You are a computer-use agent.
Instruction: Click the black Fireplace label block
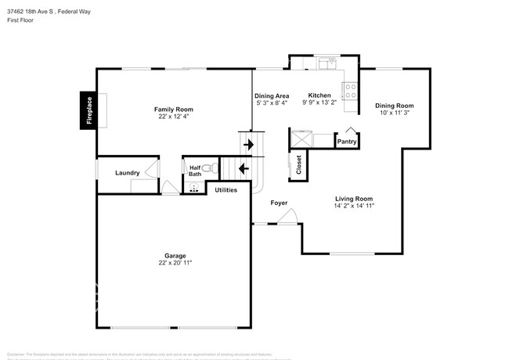88,110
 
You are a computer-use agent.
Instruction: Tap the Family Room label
173,109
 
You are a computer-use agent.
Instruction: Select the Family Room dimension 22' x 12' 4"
173,116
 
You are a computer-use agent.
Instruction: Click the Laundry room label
127,173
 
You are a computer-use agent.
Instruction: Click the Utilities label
226,189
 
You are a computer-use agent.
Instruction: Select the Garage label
175,256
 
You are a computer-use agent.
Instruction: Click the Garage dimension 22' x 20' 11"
175,263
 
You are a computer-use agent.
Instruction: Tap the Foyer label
279,203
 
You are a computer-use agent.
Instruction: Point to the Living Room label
354,199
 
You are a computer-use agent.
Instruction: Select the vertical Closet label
298,164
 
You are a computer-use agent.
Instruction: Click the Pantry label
347,142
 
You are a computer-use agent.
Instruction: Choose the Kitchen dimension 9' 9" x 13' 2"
319,102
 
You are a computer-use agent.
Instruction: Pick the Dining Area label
271,95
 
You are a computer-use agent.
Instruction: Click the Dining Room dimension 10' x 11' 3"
394,112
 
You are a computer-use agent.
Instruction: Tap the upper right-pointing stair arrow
250,144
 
